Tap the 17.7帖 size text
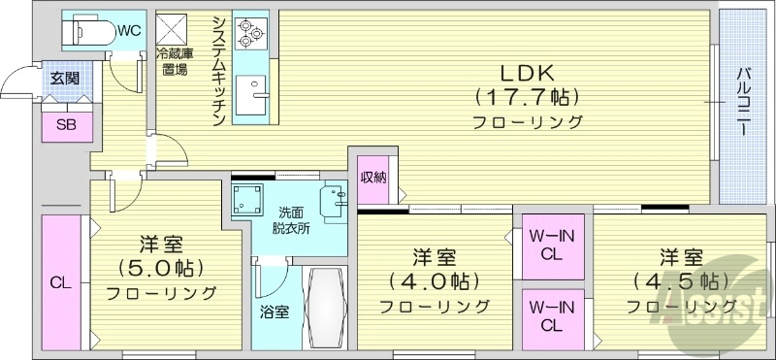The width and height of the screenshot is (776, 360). [527, 97]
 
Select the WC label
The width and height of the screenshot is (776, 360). [130, 30]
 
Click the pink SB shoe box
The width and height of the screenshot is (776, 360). [66, 123]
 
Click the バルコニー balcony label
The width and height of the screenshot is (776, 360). [742, 102]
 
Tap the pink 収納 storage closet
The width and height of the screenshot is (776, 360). [374, 180]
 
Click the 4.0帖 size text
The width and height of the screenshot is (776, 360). [434, 282]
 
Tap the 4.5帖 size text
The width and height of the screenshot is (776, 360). [681, 282]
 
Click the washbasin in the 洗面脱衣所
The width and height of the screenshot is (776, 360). [333, 199]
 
